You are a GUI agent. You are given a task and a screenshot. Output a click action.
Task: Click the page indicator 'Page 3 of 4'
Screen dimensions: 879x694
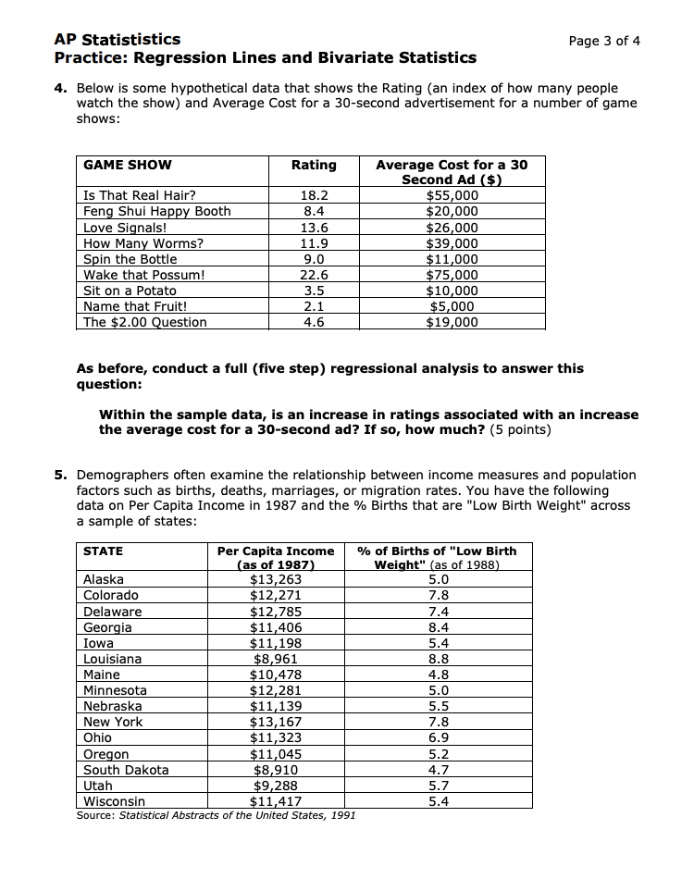point(604,41)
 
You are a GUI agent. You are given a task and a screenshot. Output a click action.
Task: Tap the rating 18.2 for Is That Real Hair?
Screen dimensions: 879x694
point(315,195)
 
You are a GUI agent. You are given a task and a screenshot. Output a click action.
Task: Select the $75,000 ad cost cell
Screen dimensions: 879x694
point(452,275)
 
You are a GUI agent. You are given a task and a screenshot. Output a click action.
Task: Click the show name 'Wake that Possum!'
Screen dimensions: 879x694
point(143,275)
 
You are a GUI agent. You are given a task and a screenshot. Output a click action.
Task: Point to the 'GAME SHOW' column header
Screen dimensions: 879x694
point(128,165)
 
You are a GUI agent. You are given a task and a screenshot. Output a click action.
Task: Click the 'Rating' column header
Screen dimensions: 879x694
point(314,165)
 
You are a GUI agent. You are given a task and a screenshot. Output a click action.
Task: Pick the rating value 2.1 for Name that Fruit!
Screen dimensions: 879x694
point(315,306)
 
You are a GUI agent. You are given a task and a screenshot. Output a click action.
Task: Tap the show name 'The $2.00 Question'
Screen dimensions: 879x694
point(145,322)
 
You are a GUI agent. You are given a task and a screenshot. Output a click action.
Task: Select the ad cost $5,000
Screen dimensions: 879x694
point(452,306)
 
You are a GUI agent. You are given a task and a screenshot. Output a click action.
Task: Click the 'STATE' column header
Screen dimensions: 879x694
point(103,551)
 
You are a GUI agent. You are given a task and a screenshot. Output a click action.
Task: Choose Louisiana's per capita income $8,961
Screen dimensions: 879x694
point(275,660)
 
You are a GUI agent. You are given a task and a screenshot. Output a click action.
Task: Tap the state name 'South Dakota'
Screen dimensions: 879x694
point(126,770)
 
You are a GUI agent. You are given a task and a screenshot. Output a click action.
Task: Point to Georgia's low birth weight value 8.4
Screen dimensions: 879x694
point(439,627)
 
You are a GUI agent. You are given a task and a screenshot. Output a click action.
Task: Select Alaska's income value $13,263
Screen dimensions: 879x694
point(275,580)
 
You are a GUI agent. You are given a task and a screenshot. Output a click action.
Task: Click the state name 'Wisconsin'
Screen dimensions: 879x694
point(114,801)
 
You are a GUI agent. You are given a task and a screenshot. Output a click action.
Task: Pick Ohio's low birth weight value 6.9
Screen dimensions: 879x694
point(439,738)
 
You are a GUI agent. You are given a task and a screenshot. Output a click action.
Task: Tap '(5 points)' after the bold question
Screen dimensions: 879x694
point(518,430)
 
